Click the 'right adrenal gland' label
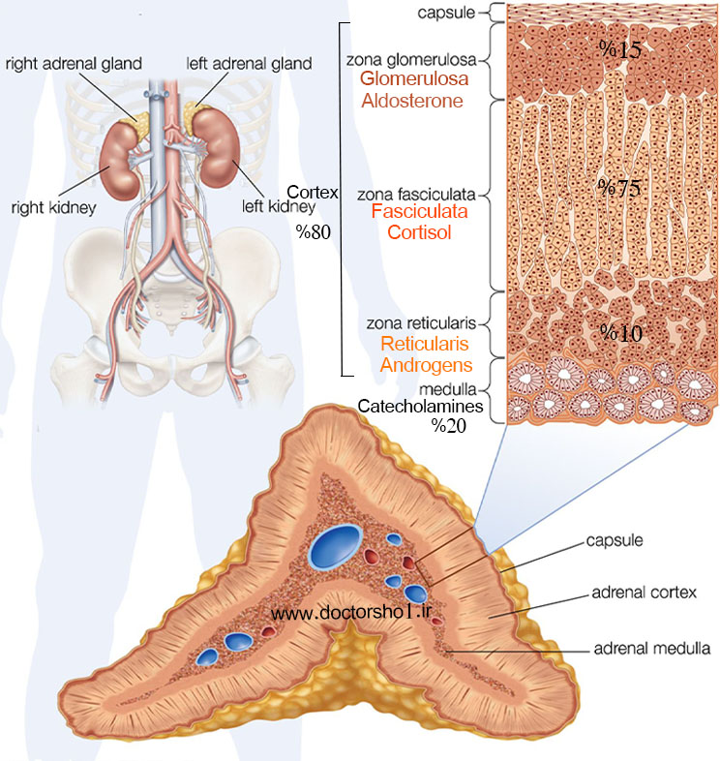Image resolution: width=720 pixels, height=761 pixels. pyautogui.click(x=74, y=64)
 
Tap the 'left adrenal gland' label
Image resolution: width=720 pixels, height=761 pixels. pyautogui.click(x=249, y=64)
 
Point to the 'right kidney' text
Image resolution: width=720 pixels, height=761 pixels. pyautogui.click(x=53, y=208)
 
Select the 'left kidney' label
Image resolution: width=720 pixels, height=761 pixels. pyautogui.click(x=279, y=206)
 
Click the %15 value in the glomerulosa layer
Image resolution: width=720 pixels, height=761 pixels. pyautogui.click(x=620, y=49)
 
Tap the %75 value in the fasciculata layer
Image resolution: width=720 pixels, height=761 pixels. pyautogui.click(x=618, y=188)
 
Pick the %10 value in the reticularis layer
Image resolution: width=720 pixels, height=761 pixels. pyautogui.click(x=621, y=333)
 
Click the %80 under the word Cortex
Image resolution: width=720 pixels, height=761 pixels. pyautogui.click(x=314, y=232)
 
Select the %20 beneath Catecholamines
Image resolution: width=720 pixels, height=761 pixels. pyautogui.click(x=449, y=426)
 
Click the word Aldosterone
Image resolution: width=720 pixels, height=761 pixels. pyautogui.click(x=412, y=101)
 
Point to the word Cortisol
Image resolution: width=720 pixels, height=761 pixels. pyautogui.click(x=419, y=232)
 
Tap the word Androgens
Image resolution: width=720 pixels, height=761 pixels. pyautogui.click(x=426, y=365)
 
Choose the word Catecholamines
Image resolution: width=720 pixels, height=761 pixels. pyautogui.click(x=420, y=406)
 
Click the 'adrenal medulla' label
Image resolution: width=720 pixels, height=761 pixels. pyautogui.click(x=652, y=649)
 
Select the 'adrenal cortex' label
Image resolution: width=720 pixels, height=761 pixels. pyautogui.click(x=644, y=593)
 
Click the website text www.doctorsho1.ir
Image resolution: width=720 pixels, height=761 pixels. pyautogui.click(x=350, y=613)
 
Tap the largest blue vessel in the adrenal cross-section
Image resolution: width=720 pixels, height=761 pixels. pyautogui.click(x=336, y=546)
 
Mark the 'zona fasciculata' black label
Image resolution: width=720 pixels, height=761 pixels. pyautogui.click(x=416, y=195)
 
